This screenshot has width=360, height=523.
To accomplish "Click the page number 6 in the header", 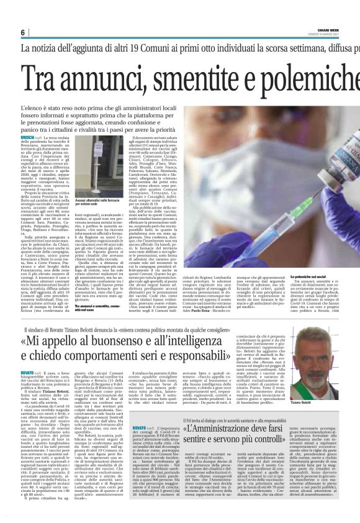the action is click(22, 32).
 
